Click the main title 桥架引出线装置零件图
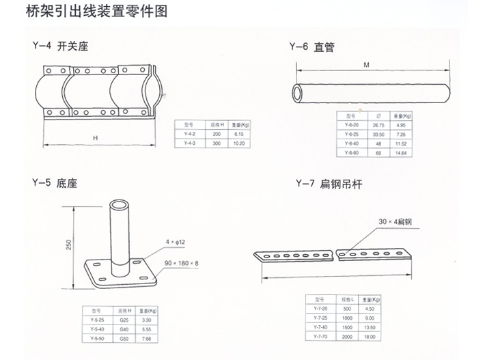tap(95, 12)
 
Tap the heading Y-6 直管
tap(310, 48)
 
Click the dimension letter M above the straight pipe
tap(366, 66)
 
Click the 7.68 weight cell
tap(145, 338)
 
